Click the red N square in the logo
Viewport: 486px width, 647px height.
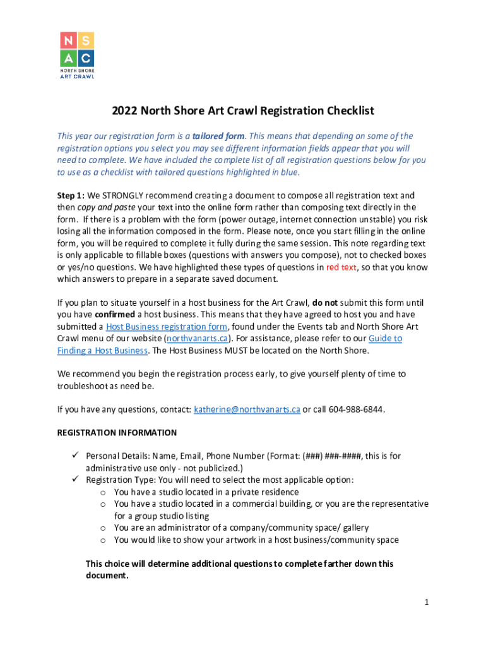pyautogui.click(x=68, y=41)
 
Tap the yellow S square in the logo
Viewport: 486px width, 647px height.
pyautogui.click(x=86, y=41)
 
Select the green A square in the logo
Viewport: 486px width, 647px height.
pyautogui.click(x=68, y=59)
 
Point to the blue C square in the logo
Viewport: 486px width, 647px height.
pyautogui.click(x=86, y=59)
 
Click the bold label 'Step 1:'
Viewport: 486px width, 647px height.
pyautogui.click(x=71, y=196)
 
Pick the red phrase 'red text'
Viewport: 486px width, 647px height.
pyautogui.click(x=341, y=267)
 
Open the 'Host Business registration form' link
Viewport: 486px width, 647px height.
pyautogui.click(x=167, y=327)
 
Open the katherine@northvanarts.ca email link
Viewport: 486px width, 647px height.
pyautogui.click(x=247, y=409)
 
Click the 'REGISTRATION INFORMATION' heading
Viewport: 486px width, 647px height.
pyautogui.click(x=117, y=433)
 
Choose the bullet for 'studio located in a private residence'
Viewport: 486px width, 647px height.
pyautogui.click(x=103, y=492)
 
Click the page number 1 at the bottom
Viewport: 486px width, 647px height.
pyautogui.click(x=427, y=603)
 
